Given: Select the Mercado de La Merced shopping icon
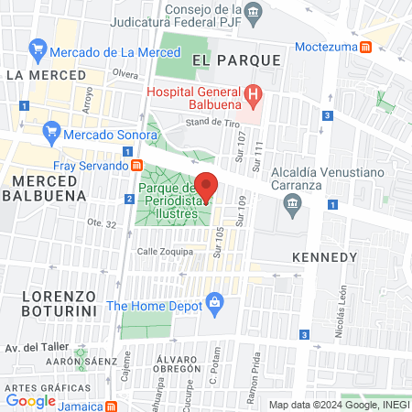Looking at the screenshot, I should pos(38,49).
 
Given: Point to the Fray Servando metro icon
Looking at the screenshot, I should pos(136,166).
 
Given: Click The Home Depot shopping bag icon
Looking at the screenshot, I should pos(214,300).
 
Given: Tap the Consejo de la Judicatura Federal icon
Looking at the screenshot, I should pos(255,13).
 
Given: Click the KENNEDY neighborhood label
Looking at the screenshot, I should pos(324,257).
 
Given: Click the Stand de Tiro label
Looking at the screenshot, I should pos(211,120).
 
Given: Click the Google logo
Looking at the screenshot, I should pos(31,400).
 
